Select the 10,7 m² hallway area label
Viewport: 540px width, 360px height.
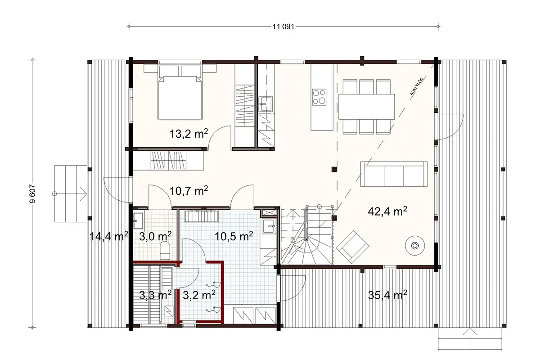pyautogui.click(x=189, y=191)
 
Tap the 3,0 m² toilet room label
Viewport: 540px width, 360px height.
pyautogui.click(x=153, y=235)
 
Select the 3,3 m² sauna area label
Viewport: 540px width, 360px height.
pyautogui.click(x=154, y=295)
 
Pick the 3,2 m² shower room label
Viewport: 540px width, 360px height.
pyautogui.click(x=198, y=295)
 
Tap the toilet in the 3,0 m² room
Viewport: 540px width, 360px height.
pyautogui.click(x=165, y=250)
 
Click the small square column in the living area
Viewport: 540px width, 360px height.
pyautogui.click(x=333, y=169)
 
